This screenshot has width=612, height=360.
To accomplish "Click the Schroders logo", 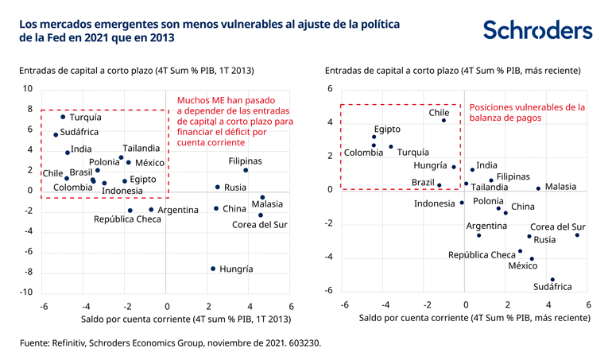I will point(537,30).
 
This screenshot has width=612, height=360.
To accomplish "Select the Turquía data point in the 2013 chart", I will point(63,117).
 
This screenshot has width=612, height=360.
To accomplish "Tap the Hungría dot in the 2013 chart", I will point(213,269).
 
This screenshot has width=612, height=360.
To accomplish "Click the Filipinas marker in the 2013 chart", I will point(246,170).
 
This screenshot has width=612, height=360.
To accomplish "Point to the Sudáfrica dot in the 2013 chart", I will point(56,134).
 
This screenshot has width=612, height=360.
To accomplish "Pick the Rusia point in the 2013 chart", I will point(218,188).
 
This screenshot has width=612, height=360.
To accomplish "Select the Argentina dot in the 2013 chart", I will point(151,210).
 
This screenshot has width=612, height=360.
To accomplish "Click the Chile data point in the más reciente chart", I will point(444,121).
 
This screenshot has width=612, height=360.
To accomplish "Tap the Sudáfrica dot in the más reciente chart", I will point(552,280).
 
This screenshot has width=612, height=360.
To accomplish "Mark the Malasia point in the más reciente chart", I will point(538,188).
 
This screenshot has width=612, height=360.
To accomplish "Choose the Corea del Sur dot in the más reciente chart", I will point(577,235).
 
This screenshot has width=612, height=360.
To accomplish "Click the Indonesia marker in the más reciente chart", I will point(462,203).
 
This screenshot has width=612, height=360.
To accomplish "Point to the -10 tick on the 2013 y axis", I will point(27,292).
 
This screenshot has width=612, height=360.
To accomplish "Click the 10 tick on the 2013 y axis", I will point(29,88).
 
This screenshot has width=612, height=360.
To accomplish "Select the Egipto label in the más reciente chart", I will point(387,129).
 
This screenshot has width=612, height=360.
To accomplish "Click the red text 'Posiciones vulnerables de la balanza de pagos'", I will point(527,112).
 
